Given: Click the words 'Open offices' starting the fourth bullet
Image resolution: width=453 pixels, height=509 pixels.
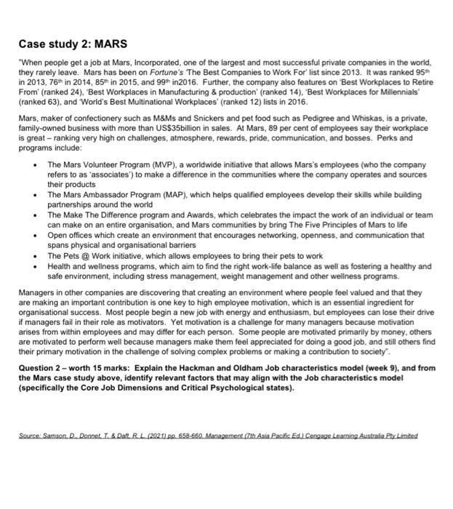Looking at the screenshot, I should click(69, 236).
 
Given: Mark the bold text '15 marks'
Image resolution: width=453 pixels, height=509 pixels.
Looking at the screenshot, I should click(102, 368).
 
